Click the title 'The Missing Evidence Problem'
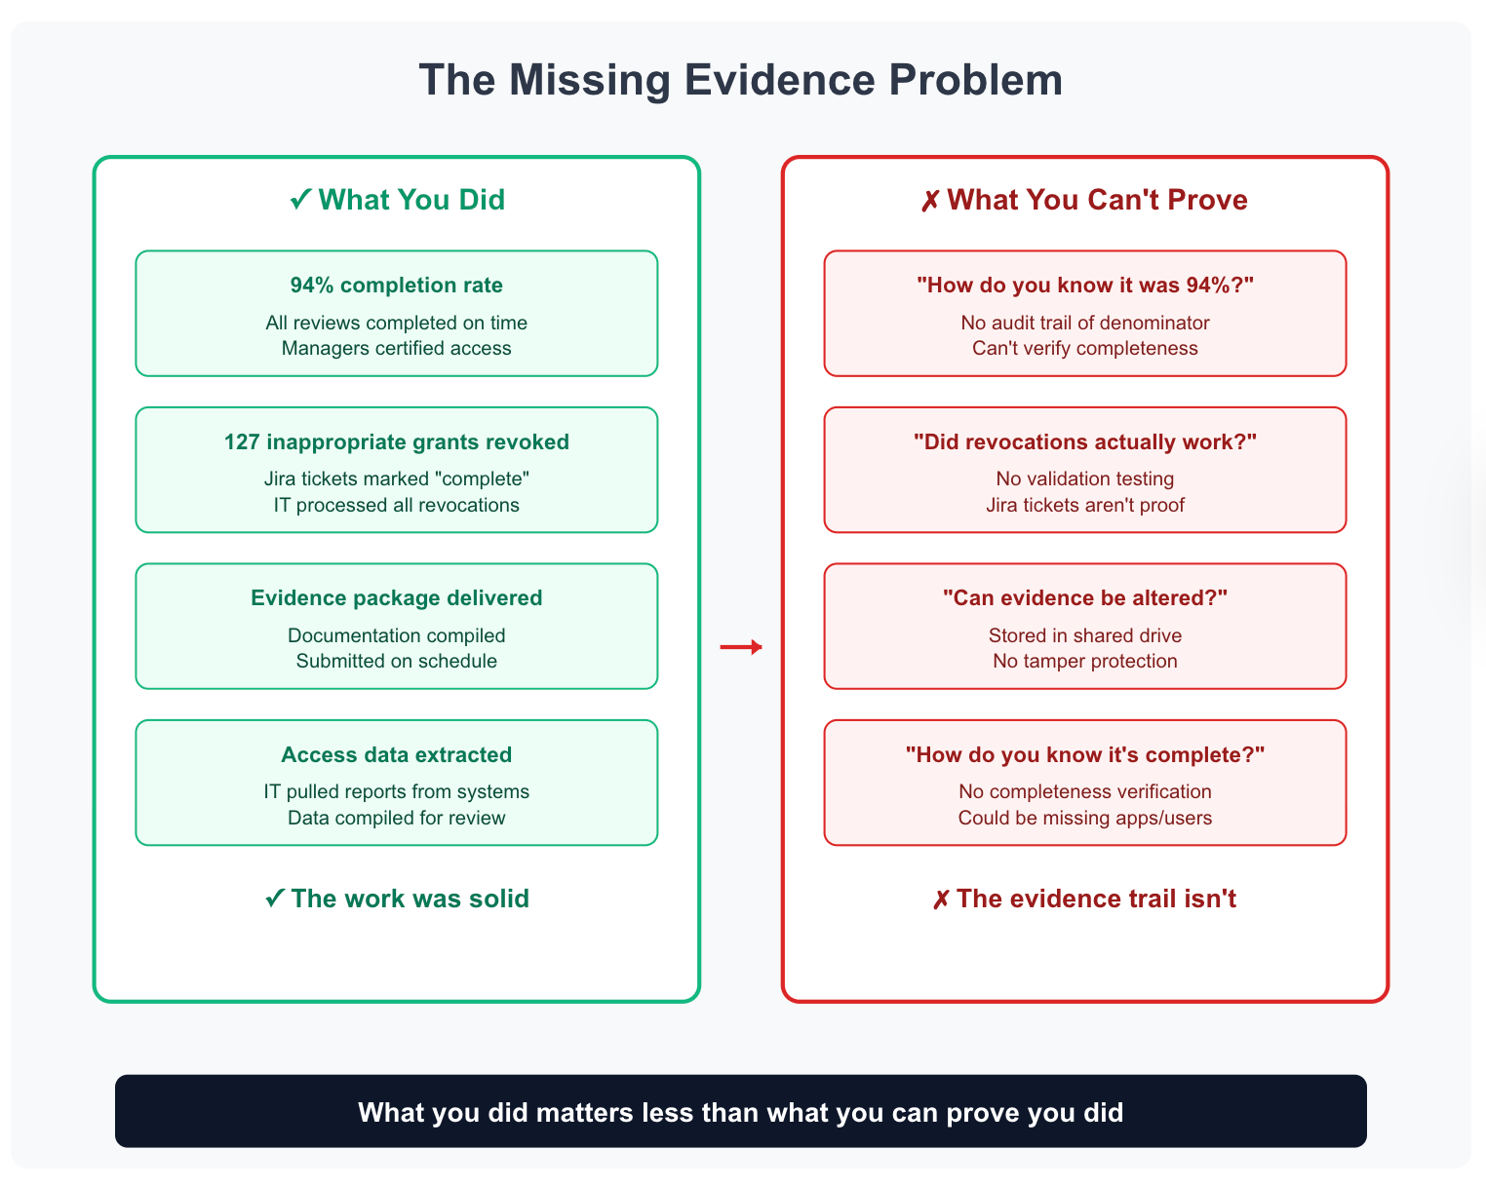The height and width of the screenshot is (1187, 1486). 741,80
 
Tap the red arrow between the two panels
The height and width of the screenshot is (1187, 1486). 741,647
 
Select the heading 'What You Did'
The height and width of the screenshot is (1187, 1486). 398,200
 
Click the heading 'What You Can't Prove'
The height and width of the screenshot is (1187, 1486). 1084,200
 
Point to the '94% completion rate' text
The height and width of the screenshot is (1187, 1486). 397,286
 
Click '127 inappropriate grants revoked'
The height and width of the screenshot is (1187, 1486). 397,442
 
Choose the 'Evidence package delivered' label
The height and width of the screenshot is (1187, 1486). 397,598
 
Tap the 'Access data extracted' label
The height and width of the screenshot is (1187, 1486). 397,755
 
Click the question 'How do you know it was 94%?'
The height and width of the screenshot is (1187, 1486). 1085,286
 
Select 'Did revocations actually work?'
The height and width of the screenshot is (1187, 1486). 1085,442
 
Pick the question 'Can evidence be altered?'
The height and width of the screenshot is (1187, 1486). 1085,598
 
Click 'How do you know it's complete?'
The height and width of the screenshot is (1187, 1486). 1085,755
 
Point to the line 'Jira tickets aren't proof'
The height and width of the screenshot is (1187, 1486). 1085,505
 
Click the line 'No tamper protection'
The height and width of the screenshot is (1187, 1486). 1085,661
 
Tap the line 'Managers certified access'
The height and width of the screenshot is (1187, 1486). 397,348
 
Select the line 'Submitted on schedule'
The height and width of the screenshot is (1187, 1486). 397,661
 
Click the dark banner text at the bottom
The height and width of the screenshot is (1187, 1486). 741,1112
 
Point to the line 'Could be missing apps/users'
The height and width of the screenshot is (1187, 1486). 1085,818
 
